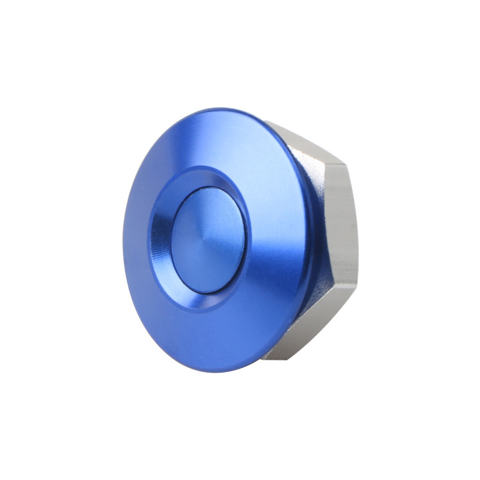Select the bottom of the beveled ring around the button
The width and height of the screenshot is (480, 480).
(204, 301)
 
